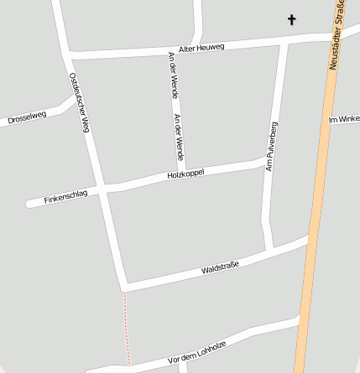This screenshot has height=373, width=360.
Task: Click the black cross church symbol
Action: tap(292, 19)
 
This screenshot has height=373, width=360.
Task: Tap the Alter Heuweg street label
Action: tap(201, 49)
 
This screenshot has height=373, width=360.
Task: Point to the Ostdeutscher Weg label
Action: tap(79, 102)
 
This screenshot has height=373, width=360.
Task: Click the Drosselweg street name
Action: tap(27, 117)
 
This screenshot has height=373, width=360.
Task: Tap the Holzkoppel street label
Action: tap(185, 174)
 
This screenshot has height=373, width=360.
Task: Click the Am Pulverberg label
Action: tap(271, 147)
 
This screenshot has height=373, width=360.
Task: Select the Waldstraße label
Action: tap(220, 268)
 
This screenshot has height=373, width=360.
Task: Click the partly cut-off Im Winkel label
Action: tap(344, 120)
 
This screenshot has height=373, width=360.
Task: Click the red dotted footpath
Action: tap(127, 327)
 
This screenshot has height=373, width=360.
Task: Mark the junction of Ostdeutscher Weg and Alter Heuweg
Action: tap(65, 56)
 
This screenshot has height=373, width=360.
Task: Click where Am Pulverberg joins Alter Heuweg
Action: tap(284, 41)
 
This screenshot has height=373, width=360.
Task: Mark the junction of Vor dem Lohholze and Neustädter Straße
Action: tap(299, 319)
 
